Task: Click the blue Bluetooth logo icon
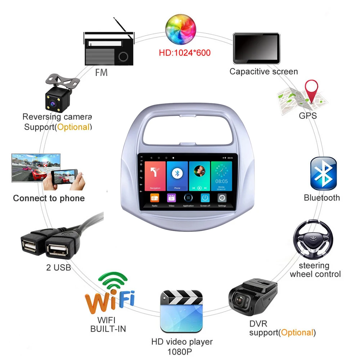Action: [x=323, y=174]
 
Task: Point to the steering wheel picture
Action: [x=312, y=240]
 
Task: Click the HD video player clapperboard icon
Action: [x=181, y=312]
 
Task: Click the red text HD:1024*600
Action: [x=185, y=53]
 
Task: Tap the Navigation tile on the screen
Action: [x=155, y=176]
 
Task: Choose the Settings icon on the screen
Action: [x=222, y=198]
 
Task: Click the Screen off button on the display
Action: [x=205, y=198]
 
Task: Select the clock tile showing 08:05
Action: [x=222, y=176]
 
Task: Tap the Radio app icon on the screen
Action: [x=154, y=198]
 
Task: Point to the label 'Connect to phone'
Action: [x=49, y=198]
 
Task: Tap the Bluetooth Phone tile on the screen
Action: [x=177, y=176]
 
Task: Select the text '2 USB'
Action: [x=59, y=267]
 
